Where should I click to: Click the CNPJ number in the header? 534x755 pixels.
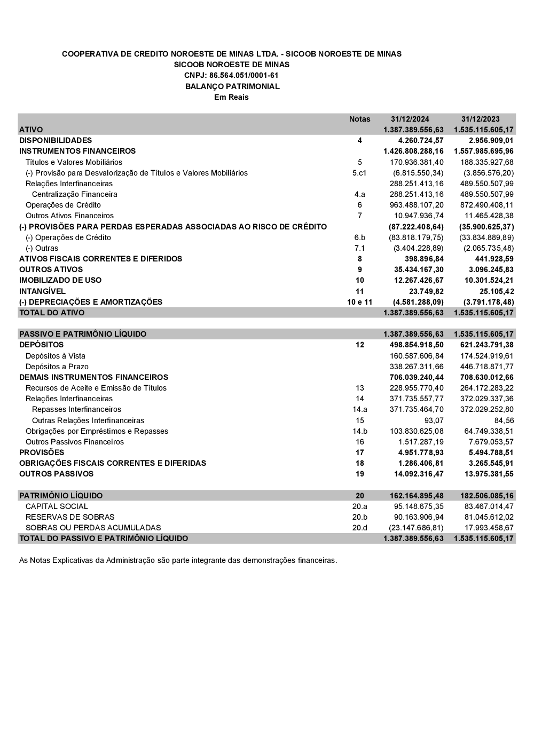(x=231, y=75)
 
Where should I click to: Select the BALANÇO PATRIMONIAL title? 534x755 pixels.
(x=232, y=86)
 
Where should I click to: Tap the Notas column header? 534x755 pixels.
(x=359, y=119)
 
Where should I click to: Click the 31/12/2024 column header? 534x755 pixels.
(x=410, y=119)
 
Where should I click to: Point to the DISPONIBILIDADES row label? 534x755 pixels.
(x=56, y=140)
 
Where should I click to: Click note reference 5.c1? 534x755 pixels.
(x=359, y=173)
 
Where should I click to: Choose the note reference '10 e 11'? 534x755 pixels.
(x=359, y=302)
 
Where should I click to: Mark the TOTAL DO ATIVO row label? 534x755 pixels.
(x=52, y=313)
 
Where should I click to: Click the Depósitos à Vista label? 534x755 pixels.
(x=56, y=356)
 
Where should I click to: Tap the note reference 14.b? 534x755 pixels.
(x=359, y=431)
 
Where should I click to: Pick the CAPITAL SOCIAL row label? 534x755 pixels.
(x=57, y=506)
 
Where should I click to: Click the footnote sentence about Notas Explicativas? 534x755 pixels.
(x=178, y=560)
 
